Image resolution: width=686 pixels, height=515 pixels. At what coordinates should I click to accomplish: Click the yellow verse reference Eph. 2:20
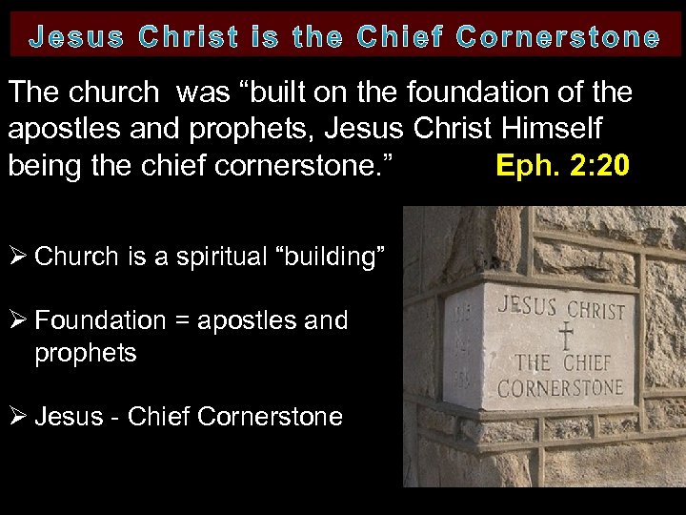pyautogui.click(x=562, y=166)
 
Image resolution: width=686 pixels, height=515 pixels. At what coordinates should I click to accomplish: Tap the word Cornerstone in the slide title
pyautogui.click(x=557, y=38)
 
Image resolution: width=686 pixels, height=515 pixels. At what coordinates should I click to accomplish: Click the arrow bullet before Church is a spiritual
pyautogui.click(x=18, y=256)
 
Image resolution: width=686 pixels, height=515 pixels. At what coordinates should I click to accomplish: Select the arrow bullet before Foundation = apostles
pyautogui.click(x=18, y=320)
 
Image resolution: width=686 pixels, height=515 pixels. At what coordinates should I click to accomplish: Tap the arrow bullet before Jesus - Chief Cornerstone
pyautogui.click(x=18, y=417)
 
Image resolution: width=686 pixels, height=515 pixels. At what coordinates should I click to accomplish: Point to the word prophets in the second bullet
pyautogui.click(x=86, y=354)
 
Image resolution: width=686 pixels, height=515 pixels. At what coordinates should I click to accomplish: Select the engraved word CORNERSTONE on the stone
pyautogui.click(x=560, y=387)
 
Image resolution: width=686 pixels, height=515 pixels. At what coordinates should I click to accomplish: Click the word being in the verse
pyautogui.click(x=43, y=166)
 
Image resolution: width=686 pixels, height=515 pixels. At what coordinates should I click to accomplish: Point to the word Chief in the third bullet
pyautogui.click(x=159, y=417)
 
